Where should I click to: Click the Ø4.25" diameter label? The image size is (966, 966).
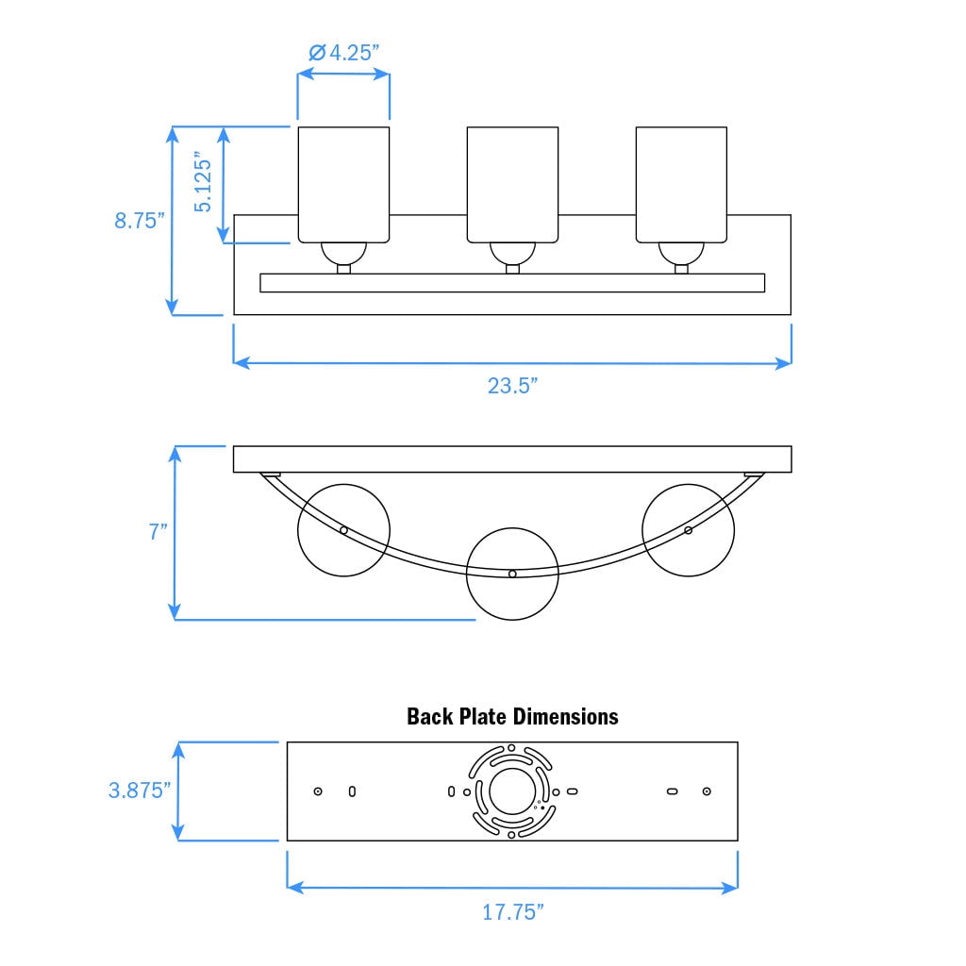343,53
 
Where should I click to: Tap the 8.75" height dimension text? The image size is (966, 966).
140,220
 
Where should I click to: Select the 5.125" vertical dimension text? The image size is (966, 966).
203,182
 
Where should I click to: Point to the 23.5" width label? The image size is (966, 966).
512,386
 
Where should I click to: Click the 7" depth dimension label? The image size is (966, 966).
158,531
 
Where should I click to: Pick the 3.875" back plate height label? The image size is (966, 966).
140,790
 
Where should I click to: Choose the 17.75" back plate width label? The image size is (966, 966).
512,912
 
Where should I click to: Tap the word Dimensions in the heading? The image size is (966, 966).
566,717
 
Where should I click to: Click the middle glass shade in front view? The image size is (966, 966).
512,185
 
